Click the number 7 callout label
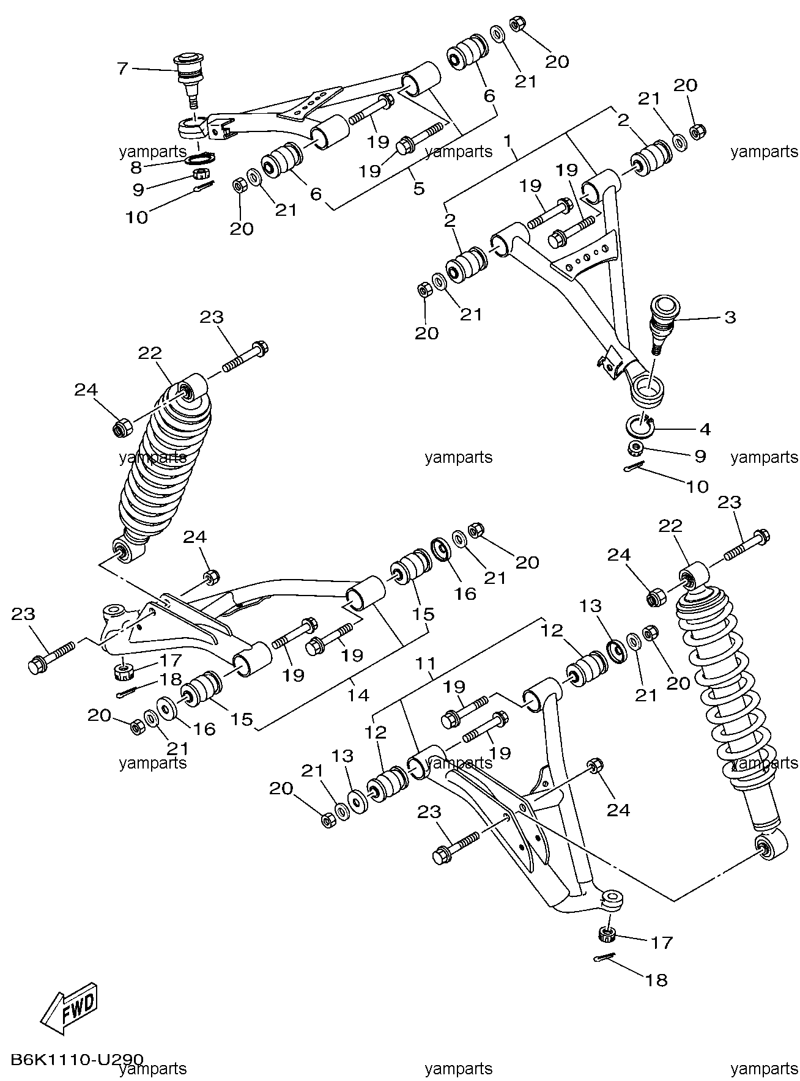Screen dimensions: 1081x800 point(123,68)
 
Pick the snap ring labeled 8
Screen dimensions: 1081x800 point(199,160)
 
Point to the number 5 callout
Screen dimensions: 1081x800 point(418,188)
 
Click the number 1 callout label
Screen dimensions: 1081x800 point(507,141)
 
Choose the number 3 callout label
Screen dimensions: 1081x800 point(730,317)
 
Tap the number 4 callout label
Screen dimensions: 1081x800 point(705,429)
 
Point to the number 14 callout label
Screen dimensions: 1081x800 point(359,695)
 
